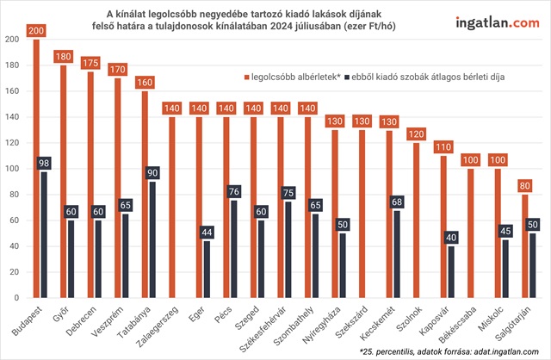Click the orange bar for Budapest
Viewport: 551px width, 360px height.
click(36, 172)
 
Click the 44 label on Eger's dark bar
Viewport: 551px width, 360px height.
click(207, 233)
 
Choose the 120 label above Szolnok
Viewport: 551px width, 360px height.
click(416, 134)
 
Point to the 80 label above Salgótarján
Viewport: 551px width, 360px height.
click(524, 186)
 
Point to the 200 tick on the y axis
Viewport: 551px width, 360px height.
click(11, 40)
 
